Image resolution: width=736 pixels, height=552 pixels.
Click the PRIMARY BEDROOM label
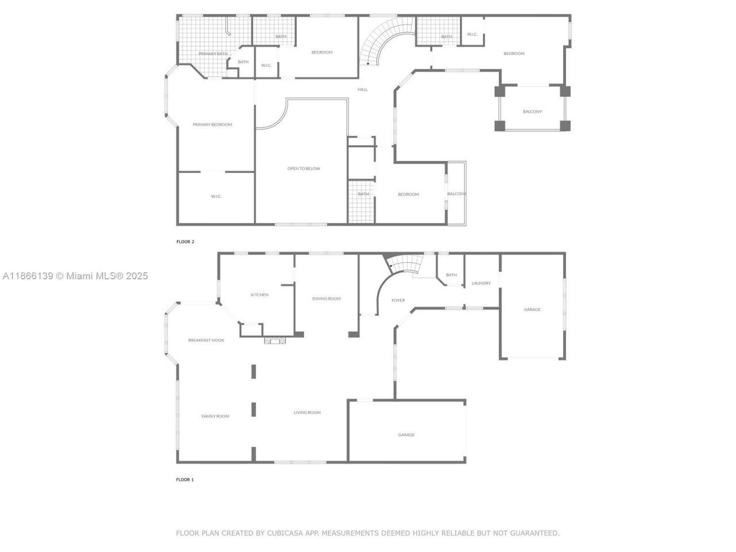[212, 125]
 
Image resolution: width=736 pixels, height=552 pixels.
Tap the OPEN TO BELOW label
[304, 168]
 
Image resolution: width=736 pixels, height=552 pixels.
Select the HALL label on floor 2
[362, 90]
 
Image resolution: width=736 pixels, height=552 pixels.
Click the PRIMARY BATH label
[213, 54]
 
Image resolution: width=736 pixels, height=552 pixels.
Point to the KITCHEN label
[259, 295]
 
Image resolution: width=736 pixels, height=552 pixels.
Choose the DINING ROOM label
[326, 298]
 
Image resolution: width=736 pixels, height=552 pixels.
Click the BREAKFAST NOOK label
[206, 340]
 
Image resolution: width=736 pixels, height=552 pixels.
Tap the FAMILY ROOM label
[215, 416]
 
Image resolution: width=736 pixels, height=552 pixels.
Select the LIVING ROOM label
[307, 412]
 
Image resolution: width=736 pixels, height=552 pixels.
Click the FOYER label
[398, 300]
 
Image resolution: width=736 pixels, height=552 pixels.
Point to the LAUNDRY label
[481, 283]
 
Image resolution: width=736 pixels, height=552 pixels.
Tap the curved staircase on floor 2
[382, 40]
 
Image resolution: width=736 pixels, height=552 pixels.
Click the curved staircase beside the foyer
[404, 266]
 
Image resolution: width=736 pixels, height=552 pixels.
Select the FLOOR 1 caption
[185, 480]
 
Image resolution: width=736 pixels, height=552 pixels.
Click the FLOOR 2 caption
[185, 242]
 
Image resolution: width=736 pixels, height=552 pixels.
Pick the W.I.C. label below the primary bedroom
[216, 197]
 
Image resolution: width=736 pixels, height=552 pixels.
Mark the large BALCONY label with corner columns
[532, 112]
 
